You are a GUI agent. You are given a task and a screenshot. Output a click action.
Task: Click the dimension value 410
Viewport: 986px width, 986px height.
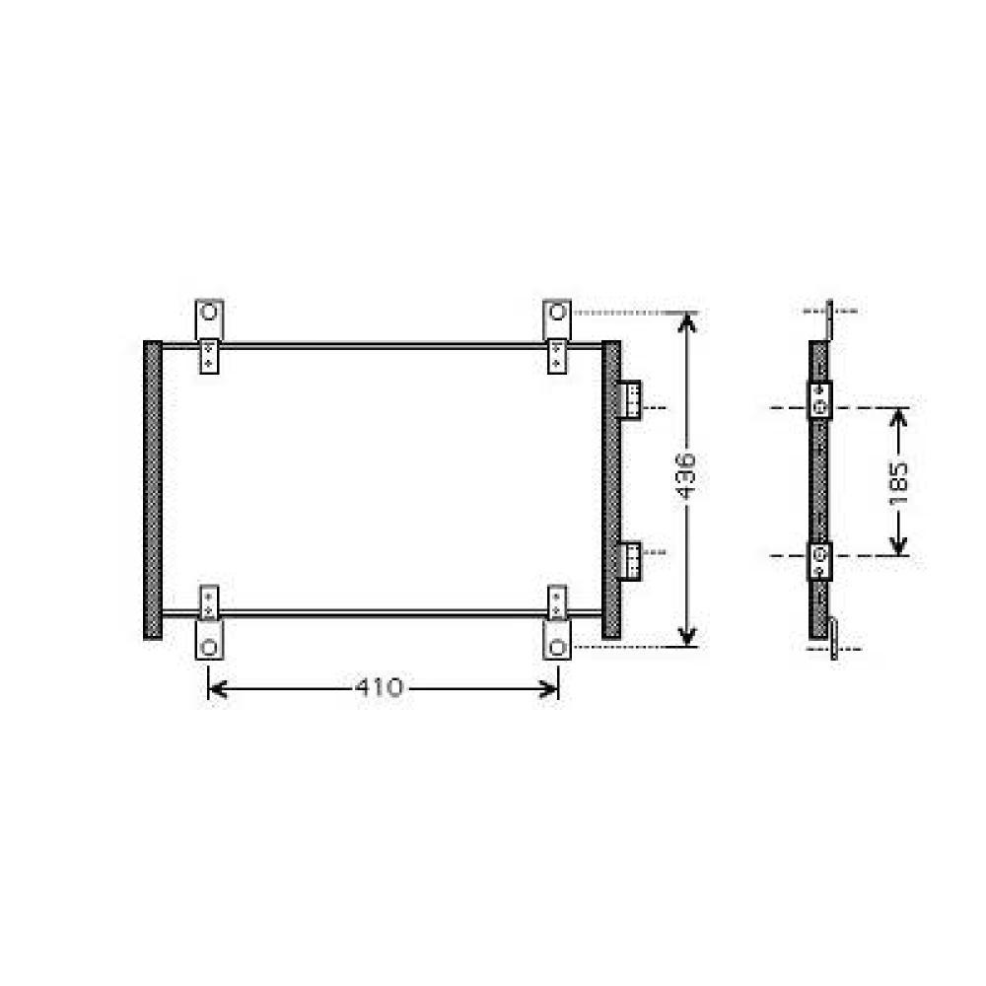[x=381, y=687]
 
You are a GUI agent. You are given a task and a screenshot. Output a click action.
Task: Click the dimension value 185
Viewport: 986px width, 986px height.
[x=898, y=483]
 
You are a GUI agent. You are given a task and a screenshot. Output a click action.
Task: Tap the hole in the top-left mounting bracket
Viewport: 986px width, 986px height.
[x=209, y=314]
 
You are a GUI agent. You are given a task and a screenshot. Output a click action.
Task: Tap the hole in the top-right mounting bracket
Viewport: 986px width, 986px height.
[x=557, y=314]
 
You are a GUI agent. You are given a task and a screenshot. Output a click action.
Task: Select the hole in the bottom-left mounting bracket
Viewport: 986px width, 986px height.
[x=209, y=647]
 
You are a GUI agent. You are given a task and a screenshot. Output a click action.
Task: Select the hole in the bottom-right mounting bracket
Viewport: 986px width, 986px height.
[x=557, y=647]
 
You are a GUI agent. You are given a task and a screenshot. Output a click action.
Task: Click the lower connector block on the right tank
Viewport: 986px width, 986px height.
[x=629, y=559]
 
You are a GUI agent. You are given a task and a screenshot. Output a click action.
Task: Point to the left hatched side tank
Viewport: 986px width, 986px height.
[x=153, y=489]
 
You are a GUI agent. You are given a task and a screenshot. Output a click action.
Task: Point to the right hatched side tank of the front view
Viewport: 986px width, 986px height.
[x=611, y=489]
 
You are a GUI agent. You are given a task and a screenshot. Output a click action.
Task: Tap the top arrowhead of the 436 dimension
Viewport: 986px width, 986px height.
[x=687, y=320]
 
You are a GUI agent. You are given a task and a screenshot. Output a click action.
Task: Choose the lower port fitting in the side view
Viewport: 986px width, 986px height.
[x=820, y=561]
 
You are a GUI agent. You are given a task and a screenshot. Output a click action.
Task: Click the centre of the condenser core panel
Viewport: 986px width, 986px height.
[x=382, y=480]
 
